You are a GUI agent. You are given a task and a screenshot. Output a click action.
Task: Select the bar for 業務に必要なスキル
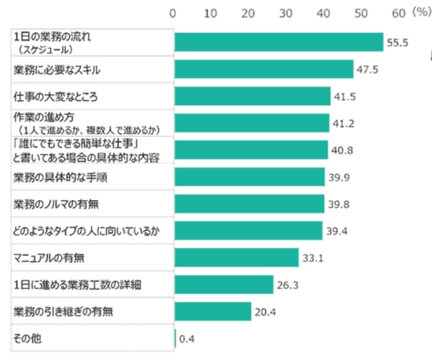pyautogui.click(x=263, y=69)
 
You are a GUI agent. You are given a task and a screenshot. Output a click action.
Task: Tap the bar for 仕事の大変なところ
pyautogui.click(x=252, y=96)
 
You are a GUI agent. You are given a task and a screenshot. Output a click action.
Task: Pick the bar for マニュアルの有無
pyautogui.click(x=236, y=257)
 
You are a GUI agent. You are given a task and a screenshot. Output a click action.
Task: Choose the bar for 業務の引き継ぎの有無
pyautogui.click(x=212, y=311)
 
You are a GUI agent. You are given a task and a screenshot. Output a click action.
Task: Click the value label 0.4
pyautogui.click(x=187, y=338)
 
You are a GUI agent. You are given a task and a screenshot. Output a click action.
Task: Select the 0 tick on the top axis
pyautogui.click(x=173, y=13)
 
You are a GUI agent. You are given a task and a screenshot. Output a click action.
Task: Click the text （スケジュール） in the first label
pyautogui.click(x=46, y=49)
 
